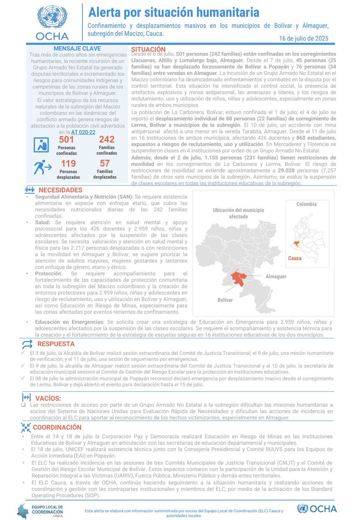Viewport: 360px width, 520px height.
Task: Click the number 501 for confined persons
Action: (x=66, y=140)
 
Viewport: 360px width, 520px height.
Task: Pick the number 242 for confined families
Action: (x=107, y=140)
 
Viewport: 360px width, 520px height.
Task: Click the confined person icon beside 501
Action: (x=41, y=145)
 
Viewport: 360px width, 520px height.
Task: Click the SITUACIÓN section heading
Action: (x=148, y=49)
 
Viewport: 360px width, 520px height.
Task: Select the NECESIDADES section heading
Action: (x=60, y=190)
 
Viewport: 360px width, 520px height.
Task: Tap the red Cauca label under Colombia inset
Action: (x=295, y=258)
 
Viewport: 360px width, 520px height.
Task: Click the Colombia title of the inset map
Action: (x=306, y=204)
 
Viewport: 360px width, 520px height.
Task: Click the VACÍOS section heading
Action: (x=49, y=398)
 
